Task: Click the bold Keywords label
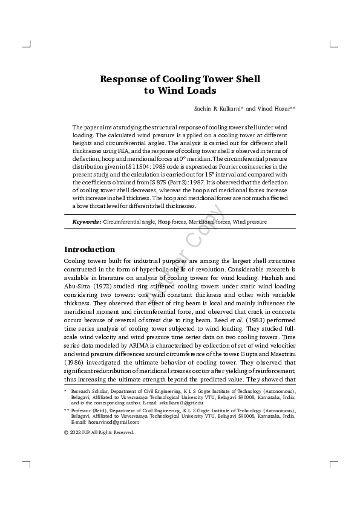(x=86, y=222)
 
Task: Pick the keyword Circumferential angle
(x=129, y=222)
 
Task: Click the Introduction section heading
(x=90, y=249)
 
